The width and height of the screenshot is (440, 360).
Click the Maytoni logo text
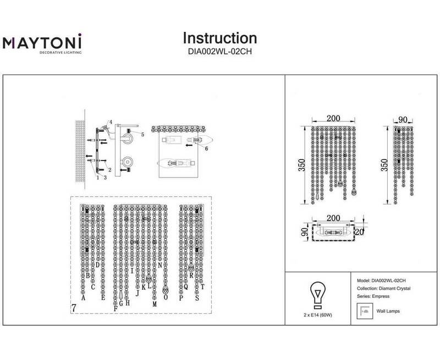coord(42,42)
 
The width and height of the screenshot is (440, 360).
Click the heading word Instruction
coord(219,38)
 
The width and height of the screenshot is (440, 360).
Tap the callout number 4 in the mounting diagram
coord(110,122)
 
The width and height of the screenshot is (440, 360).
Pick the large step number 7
coord(74,308)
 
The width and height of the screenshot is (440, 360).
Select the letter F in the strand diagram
coord(116,309)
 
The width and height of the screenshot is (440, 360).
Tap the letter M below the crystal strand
coord(155,303)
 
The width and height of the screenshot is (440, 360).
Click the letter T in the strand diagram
coord(202,287)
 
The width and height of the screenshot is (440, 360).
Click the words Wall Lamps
coord(388,311)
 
